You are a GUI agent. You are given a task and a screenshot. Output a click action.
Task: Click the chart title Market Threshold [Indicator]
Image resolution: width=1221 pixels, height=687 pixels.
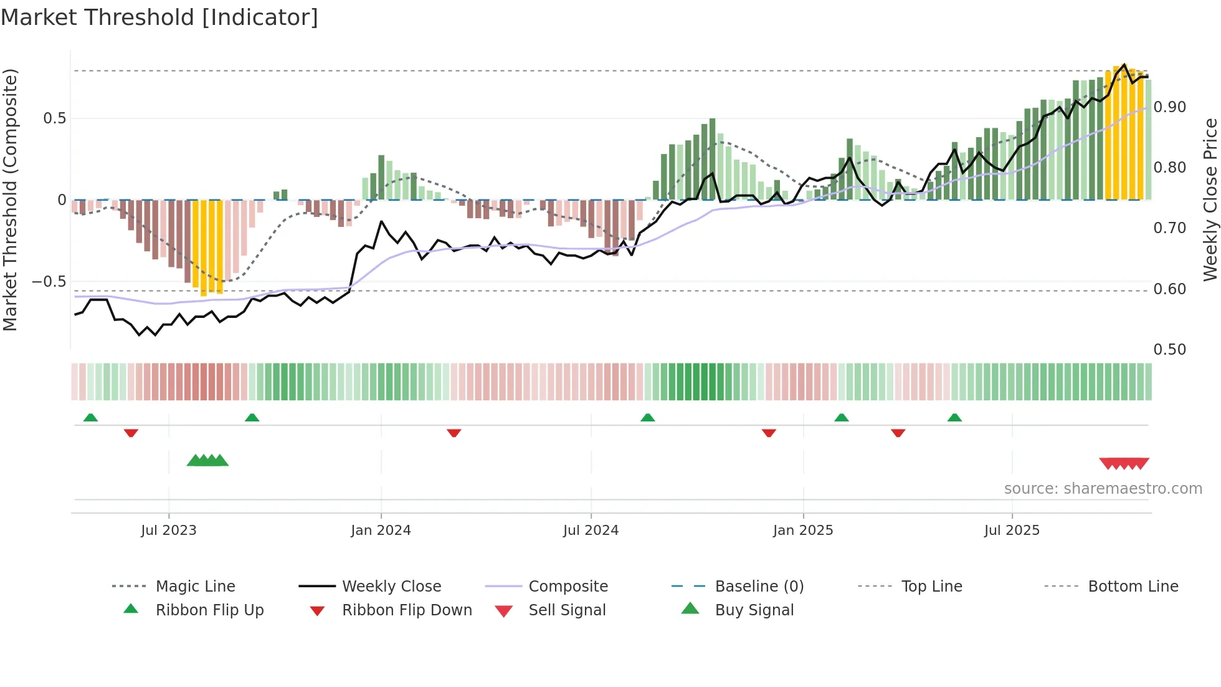tap(159, 17)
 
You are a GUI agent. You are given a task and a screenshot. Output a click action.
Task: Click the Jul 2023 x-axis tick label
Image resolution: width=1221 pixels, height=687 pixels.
tap(168, 531)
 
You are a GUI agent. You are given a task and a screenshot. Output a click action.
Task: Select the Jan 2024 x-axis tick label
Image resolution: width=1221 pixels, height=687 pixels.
tap(381, 531)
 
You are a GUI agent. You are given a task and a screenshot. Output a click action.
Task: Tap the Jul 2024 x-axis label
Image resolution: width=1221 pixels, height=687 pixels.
tap(591, 531)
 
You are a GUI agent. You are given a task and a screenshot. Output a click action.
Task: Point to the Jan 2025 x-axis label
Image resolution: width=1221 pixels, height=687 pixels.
tap(803, 531)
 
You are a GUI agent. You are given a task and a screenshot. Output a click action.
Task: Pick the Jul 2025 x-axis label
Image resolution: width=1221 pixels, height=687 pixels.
tap(1012, 531)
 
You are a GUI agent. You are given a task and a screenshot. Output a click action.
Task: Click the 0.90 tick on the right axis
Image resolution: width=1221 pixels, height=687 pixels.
tap(1169, 107)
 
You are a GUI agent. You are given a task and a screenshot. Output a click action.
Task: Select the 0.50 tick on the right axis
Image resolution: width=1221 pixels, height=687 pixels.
tap(1169, 350)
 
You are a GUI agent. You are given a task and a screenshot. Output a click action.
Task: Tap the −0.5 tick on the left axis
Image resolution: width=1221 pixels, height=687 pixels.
tap(49, 282)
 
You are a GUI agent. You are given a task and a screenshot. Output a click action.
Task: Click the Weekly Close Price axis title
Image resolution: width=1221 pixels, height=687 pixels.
tap(1210, 199)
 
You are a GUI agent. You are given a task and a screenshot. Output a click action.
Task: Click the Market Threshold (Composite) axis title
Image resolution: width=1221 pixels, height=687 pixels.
tap(10, 199)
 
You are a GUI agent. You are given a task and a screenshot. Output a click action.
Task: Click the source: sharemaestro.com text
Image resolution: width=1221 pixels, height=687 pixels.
tap(1103, 489)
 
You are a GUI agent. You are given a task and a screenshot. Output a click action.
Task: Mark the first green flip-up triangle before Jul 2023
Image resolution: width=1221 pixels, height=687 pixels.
tap(90, 418)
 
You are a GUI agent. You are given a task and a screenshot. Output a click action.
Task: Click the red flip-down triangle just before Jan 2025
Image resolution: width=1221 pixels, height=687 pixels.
tap(769, 433)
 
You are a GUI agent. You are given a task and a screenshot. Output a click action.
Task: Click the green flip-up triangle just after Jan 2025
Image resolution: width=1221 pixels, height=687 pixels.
tap(842, 418)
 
